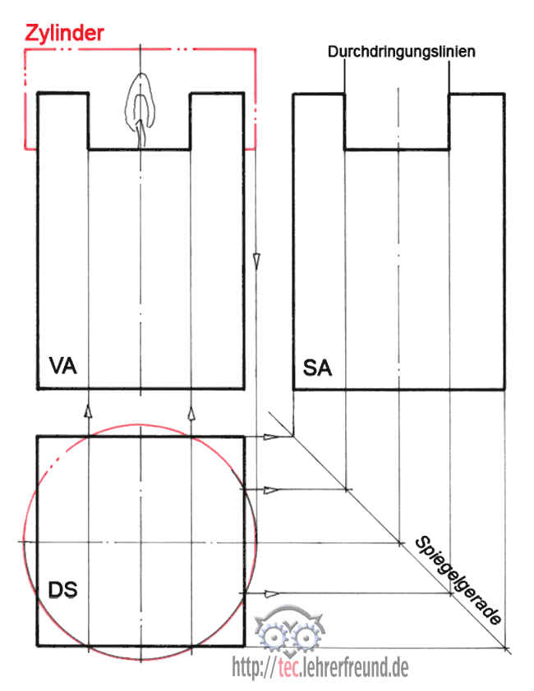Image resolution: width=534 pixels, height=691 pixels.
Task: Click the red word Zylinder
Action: pyautogui.click(x=64, y=33)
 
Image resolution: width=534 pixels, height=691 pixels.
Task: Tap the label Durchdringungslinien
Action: pyautogui.click(x=402, y=52)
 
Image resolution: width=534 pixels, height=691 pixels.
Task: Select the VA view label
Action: pyautogui.click(x=63, y=366)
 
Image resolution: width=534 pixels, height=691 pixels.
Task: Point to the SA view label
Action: pyautogui.click(x=318, y=368)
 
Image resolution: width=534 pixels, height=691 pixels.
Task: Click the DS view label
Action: pyautogui.click(x=63, y=588)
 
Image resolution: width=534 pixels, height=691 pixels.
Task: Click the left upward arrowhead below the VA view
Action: pyautogui.click(x=88, y=408)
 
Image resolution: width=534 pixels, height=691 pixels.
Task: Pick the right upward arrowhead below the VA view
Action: pyautogui.click(x=191, y=408)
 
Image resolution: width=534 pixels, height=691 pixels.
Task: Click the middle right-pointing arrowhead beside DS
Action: pyautogui.click(x=271, y=490)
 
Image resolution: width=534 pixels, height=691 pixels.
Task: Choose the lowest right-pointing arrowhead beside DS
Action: pyautogui.click(x=271, y=593)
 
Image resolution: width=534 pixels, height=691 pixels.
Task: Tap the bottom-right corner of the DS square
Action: pyautogui.click(x=244, y=646)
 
